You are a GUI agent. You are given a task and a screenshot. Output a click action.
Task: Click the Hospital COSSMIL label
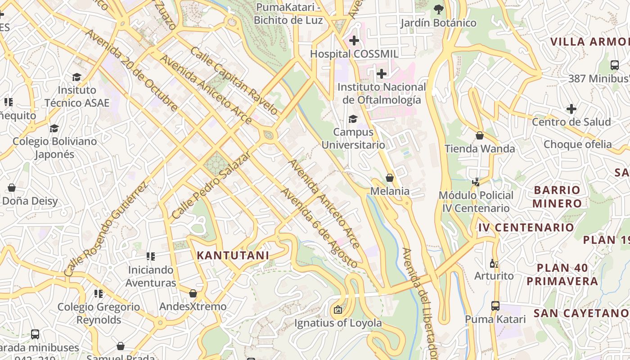click(x=354, y=54)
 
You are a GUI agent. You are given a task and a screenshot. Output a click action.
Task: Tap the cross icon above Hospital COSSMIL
click(x=354, y=40)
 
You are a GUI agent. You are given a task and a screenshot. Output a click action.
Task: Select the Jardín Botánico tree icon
click(x=438, y=9)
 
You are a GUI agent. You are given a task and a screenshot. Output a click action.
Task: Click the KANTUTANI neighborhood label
click(x=233, y=256)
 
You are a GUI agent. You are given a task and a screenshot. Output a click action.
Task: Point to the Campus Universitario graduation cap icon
click(x=353, y=119)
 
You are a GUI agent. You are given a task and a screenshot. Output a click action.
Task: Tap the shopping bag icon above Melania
click(x=390, y=178)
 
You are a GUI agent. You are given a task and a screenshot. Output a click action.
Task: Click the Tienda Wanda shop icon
click(x=480, y=135)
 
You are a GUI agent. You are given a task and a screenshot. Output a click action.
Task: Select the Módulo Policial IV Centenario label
click(x=476, y=202)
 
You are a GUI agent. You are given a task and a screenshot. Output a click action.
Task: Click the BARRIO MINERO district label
click(x=557, y=197)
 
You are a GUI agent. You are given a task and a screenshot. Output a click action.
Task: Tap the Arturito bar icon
click(x=494, y=263)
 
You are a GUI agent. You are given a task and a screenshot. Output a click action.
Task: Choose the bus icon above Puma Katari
click(x=495, y=306)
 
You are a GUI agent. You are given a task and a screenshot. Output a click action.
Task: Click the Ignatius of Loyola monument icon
click(x=337, y=310)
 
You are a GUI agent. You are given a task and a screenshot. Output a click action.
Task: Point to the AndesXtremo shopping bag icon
click(x=193, y=293)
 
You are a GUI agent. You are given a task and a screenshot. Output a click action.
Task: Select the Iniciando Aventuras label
click(x=151, y=276)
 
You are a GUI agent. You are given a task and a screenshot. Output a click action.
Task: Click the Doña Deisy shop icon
click(x=12, y=187)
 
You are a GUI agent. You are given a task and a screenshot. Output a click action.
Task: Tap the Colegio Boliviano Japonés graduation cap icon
click(x=54, y=128)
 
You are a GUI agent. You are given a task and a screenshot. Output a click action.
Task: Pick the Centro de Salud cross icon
click(x=571, y=109)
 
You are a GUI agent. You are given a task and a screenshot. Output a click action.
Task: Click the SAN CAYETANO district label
click(x=580, y=313)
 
